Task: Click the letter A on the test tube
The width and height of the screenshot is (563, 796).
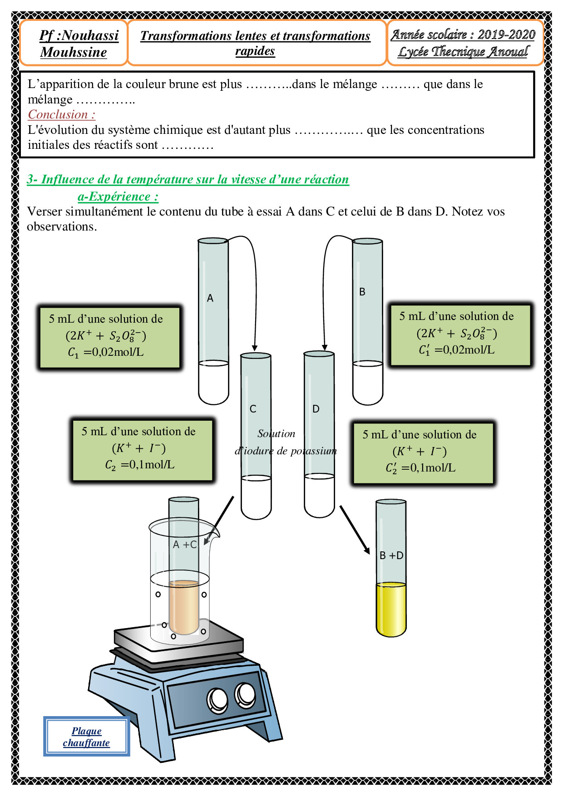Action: point(210,298)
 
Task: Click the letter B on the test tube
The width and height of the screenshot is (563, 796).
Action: point(362,292)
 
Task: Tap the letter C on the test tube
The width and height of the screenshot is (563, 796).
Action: point(253,409)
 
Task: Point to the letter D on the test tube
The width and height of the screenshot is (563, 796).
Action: point(316,409)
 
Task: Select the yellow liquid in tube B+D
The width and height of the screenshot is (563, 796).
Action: point(391,608)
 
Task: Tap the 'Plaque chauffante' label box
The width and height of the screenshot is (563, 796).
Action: point(86,736)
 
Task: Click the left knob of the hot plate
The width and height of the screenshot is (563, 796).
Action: point(217,699)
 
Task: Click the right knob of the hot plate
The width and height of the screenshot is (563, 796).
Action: point(245,694)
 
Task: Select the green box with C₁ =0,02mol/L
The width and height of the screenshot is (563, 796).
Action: point(109,336)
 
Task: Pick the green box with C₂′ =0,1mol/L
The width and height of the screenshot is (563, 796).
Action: point(423,452)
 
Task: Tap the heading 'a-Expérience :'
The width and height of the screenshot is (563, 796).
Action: point(118,197)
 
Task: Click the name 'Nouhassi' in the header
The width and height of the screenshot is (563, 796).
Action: point(90,35)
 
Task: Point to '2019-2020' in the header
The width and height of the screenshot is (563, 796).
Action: point(506,34)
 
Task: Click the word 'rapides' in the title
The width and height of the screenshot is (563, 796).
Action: point(255,51)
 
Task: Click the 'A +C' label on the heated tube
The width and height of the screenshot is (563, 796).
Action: point(184,545)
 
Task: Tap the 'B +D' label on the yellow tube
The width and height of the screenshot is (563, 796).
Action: point(391,555)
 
